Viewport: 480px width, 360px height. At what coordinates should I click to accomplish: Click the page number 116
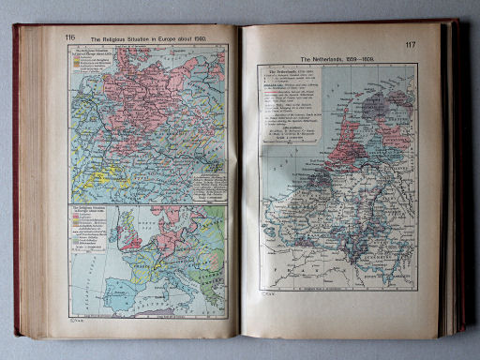70,37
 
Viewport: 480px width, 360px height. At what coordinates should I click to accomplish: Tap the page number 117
411,45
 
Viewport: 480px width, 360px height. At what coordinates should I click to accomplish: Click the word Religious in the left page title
127,38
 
